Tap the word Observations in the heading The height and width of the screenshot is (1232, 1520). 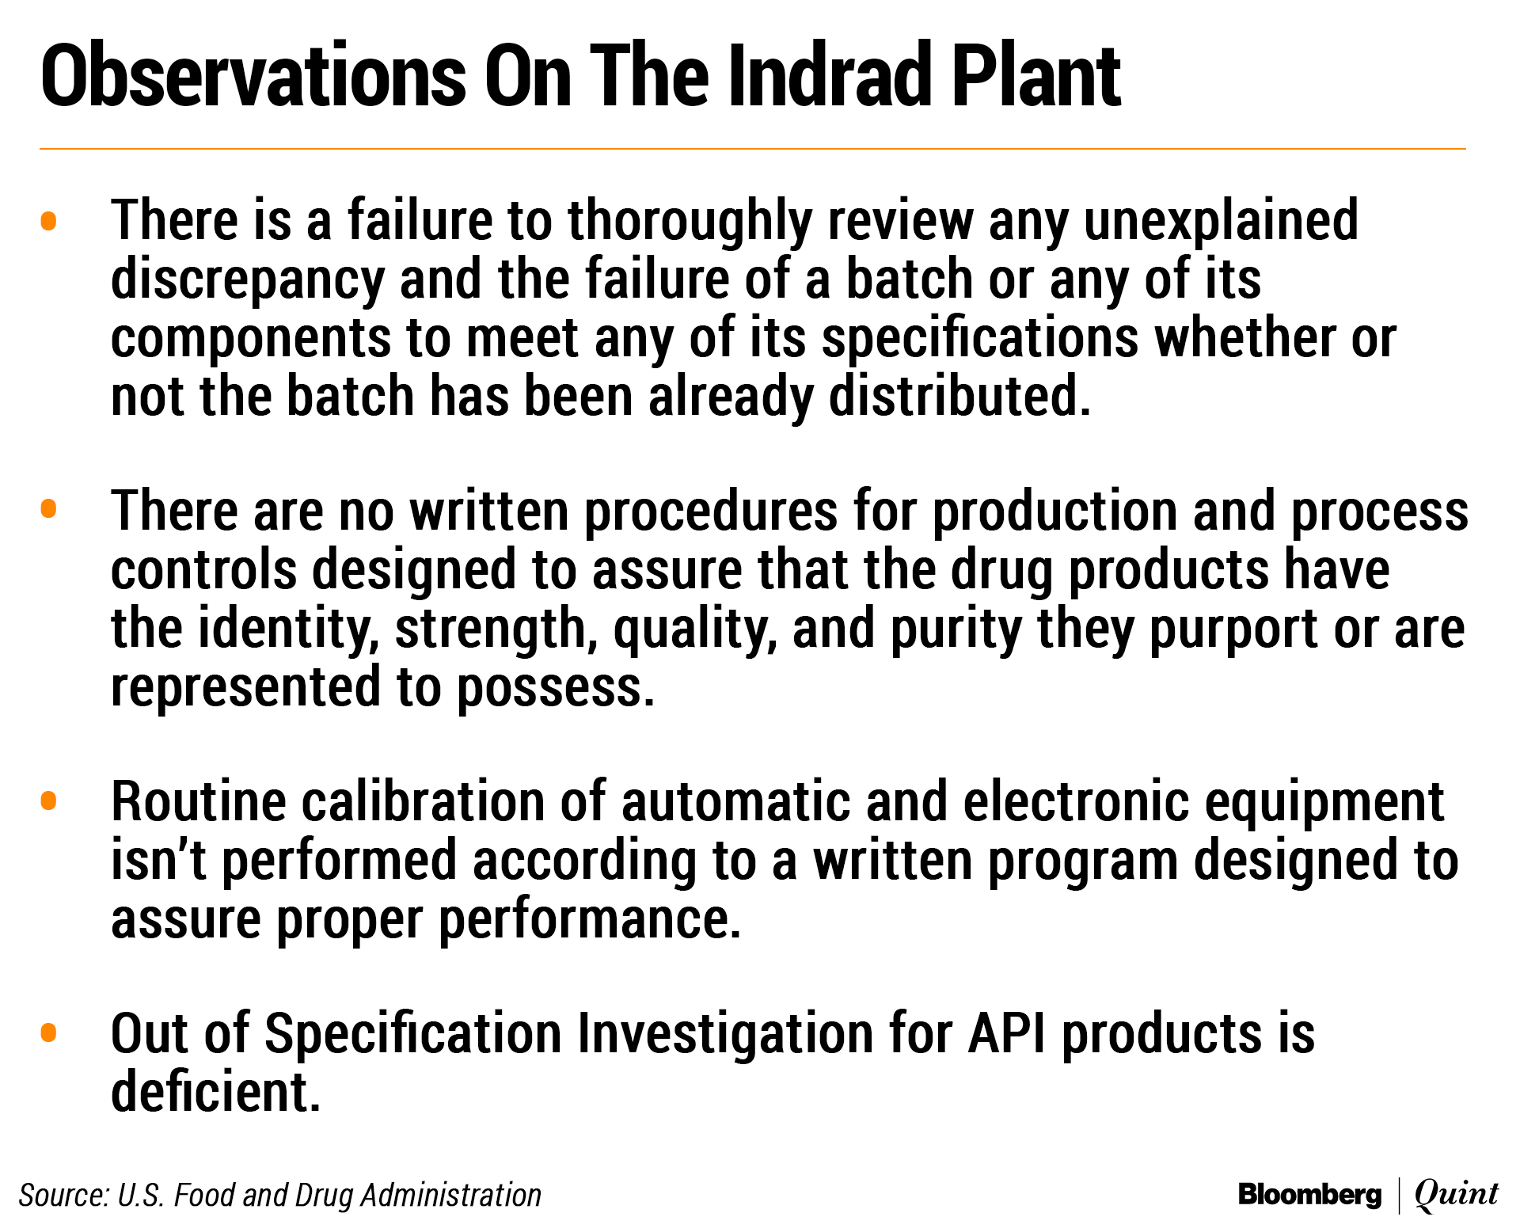click(x=253, y=75)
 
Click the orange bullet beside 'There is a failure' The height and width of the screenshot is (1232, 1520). click(x=48, y=221)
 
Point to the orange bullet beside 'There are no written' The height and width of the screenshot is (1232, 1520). click(x=48, y=508)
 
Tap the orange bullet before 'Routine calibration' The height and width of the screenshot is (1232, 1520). click(x=48, y=800)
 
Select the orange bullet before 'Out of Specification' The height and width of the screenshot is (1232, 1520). click(x=48, y=1032)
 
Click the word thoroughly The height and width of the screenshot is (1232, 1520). click(x=690, y=222)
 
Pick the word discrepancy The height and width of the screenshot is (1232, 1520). click(x=248, y=280)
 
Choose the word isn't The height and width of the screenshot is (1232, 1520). click(x=158, y=860)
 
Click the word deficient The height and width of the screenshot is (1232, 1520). click(x=215, y=1091)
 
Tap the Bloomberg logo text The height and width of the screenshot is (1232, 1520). click(x=1309, y=1195)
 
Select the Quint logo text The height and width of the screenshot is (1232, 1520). click(x=1457, y=1194)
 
